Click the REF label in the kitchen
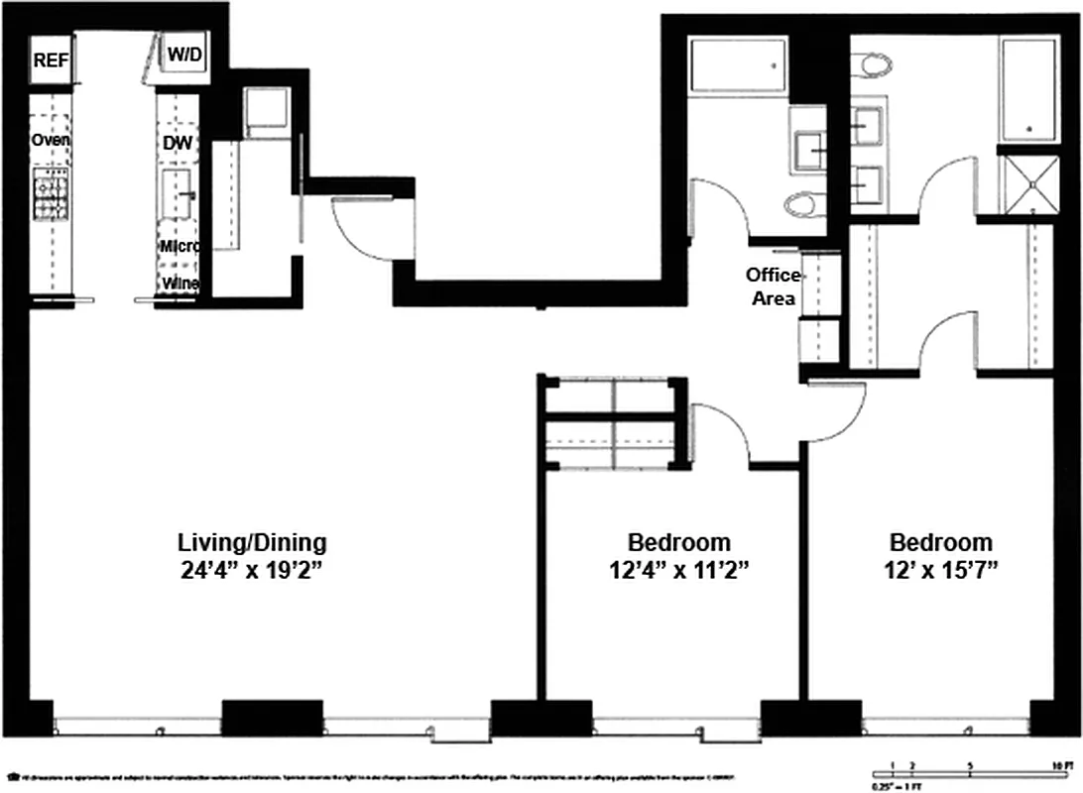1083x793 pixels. point(52,60)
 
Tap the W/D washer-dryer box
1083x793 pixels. point(183,56)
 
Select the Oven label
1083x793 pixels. point(50,141)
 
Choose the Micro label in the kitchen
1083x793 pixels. point(180,246)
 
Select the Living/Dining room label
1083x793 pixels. point(252,543)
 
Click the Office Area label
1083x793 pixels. point(773,285)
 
